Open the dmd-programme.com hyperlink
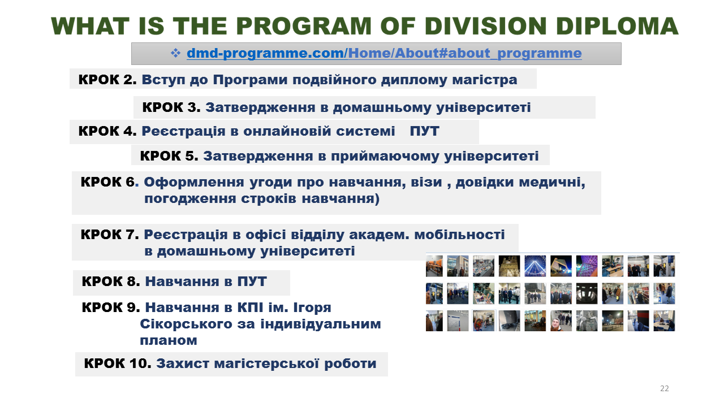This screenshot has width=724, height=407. click(x=384, y=53)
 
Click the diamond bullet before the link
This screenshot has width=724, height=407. click(x=175, y=53)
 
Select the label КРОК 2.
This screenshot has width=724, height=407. click(x=107, y=80)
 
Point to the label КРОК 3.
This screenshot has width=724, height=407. click(x=171, y=107)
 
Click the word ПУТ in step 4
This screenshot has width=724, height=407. click(x=424, y=131)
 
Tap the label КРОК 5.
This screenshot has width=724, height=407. click(x=169, y=156)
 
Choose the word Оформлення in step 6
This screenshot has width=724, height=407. click(x=194, y=183)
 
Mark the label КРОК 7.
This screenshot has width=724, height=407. click(x=110, y=235)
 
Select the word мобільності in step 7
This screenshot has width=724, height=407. click(x=460, y=235)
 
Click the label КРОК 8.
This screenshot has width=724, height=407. click(x=111, y=282)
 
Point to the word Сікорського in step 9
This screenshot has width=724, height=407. click(x=186, y=324)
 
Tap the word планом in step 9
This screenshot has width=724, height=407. click(x=169, y=341)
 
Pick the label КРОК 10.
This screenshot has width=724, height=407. click(x=118, y=363)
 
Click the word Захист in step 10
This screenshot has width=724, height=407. click(x=183, y=363)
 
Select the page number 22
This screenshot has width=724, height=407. click(x=665, y=388)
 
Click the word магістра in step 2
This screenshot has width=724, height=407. click(x=485, y=80)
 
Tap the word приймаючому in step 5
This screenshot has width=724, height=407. click(x=385, y=157)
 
